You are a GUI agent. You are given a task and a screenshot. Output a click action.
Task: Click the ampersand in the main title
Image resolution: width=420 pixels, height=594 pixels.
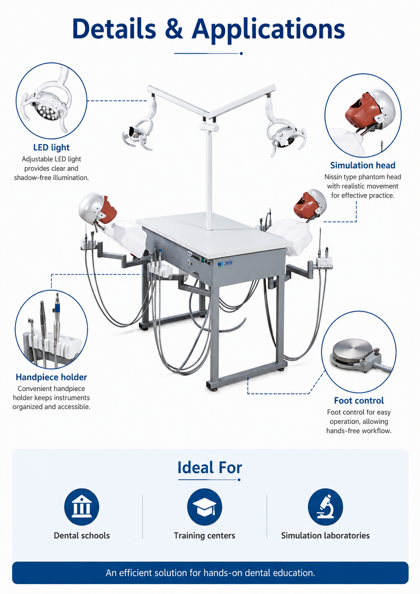click(174, 28)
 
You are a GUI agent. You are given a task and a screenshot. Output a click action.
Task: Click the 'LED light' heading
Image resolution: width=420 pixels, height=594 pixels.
click(51, 147)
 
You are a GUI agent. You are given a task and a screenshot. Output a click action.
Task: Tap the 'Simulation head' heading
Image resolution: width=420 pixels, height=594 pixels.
click(363, 165)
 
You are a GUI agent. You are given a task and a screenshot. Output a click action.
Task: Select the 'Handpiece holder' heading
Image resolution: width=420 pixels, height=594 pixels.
click(51, 377)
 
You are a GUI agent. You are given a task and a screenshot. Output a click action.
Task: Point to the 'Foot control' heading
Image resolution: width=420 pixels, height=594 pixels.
click(359, 400)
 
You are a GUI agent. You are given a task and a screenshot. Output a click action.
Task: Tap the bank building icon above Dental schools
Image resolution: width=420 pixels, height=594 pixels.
click(82, 507)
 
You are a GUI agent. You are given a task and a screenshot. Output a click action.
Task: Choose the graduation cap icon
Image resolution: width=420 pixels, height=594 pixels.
click(205, 507)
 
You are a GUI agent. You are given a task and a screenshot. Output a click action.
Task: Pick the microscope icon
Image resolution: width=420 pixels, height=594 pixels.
click(325, 507)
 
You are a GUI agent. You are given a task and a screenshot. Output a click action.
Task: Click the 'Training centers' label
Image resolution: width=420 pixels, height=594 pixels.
click(205, 535)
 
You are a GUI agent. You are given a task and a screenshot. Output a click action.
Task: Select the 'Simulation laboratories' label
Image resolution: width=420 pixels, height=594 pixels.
click(325, 535)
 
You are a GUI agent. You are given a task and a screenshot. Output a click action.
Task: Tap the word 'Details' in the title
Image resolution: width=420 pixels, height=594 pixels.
click(114, 28)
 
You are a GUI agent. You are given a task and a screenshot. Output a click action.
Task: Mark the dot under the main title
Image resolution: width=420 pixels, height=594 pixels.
click(241, 53)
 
